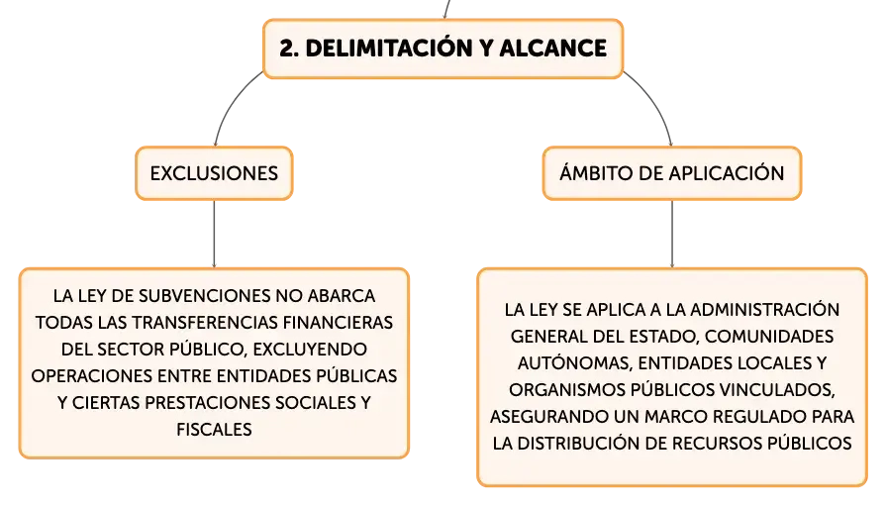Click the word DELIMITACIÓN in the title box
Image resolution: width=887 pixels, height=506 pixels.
click(390, 48)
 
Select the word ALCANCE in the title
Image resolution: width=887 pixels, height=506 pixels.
click(552, 49)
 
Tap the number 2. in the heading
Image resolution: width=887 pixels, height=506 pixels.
click(289, 49)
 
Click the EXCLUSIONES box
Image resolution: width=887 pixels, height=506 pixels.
click(214, 173)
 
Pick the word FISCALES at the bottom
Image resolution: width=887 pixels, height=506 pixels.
click(214, 430)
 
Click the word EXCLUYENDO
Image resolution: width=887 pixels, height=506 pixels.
click(310, 350)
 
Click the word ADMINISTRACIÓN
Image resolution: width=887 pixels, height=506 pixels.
click(765, 310)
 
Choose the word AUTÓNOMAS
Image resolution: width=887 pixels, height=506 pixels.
click(574, 362)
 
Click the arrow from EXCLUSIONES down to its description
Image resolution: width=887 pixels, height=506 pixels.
click(214, 234)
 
